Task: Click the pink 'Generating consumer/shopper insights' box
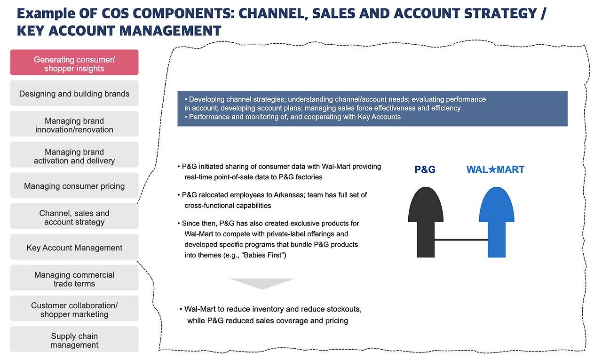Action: pyautogui.click(x=74, y=63)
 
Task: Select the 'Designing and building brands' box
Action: pyautogui.click(x=74, y=94)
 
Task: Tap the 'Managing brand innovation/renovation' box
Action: pyautogui.click(x=74, y=124)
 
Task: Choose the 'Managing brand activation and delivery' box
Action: pyautogui.click(x=74, y=155)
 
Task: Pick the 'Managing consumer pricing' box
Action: pyautogui.click(x=74, y=186)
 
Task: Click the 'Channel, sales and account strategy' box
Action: pyautogui.click(x=74, y=217)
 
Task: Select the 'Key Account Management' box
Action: pyautogui.click(x=74, y=248)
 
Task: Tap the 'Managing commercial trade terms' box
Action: pyautogui.click(x=74, y=279)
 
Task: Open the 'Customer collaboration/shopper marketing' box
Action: pyautogui.click(x=74, y=309)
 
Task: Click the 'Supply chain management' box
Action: pyautogui.click(x=74, y=340)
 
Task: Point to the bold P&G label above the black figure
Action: pyautogui.click(x=425, y=169)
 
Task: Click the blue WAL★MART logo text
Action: pyautogui.click(x=495, y=169)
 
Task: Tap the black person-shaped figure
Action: pyautogui.click(x=425, y=221)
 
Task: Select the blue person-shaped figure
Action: pyautogui.click(x=496, y=221)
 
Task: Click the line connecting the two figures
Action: pyautogui.click(x=461, y=240)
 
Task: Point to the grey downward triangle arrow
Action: pyautogui.click(x=262, y=283)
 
